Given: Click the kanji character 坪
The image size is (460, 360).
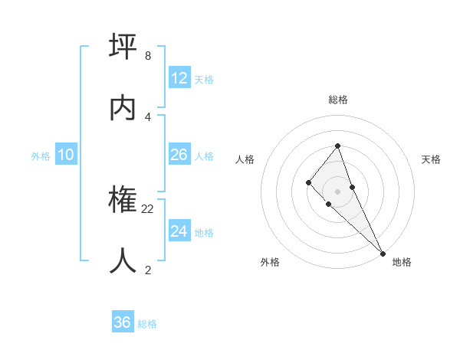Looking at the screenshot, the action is click(x=124, y=47).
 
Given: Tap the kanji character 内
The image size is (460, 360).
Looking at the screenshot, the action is click(x=124, y=108).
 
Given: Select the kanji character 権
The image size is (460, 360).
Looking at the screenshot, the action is click(x=124, y=201).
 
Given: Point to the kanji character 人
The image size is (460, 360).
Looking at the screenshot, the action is click(x=124, y=261).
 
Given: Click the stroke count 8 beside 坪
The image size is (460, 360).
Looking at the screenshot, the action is click(x=147, y=56).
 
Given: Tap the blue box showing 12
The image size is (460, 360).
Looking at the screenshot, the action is click(x=179, y=78).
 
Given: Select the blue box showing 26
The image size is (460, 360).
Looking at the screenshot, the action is click(x=179, y=155).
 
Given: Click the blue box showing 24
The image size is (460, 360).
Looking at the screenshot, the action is click(x=179, y=231).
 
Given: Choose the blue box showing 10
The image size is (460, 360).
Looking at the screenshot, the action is click(x=66, y=155).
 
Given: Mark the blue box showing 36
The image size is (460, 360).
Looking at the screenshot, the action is click(x=123, y=322).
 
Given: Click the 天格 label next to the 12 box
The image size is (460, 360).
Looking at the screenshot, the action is click(x=204, y=79).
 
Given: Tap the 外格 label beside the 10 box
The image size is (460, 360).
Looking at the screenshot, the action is click(x=41, y=155).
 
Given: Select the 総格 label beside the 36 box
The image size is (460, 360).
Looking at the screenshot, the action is click(x=147, y=323).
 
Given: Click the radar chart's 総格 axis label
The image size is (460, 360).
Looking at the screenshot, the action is click(x=338, y=100).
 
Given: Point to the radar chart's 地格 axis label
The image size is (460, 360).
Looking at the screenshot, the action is click(x=402, y=262).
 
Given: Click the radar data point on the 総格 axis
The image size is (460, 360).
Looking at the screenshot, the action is click(x=337, y=146).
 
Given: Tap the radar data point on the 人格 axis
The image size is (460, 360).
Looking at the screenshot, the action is click(x=308, y=182).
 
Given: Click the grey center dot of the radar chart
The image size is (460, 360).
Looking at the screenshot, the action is click(x=337, y=191).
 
